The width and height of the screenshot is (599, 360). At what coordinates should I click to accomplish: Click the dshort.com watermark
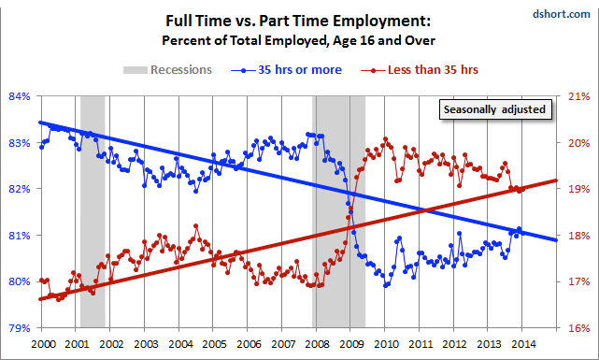point(562,14)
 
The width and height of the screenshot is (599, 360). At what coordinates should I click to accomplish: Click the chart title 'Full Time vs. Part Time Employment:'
point(298,21)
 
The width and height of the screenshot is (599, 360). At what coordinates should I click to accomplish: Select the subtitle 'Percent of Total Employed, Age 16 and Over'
point(298,40)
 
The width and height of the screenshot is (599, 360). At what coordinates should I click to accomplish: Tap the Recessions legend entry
point(167,70)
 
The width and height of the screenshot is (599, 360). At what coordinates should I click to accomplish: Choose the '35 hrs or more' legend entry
point(286,70)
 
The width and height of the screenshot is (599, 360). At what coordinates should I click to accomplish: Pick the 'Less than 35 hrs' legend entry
point(420,70)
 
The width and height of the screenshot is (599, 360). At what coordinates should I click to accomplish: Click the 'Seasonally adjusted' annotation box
point(495,109)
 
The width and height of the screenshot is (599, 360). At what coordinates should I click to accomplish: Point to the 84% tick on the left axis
point(20,96)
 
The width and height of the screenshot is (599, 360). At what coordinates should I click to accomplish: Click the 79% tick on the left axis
point(20,328)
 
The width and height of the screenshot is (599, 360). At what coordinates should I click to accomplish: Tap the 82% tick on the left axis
point(20,189)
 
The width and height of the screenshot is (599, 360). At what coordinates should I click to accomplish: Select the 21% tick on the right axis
point(579,96)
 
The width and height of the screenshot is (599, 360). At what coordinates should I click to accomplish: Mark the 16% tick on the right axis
point(579,328)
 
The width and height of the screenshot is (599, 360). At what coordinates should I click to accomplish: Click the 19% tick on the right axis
point(579,189)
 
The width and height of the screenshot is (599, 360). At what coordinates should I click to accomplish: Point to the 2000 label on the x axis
point(43,344)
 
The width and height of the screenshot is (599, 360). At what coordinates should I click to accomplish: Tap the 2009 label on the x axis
point(352,344)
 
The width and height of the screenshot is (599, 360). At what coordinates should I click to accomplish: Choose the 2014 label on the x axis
point(523,344)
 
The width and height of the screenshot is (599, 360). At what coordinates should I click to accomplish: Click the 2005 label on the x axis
point(214,344)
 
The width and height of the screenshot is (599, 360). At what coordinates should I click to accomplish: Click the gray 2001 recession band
point(93,212)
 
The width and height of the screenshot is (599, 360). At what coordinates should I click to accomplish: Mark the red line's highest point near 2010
point(385,139)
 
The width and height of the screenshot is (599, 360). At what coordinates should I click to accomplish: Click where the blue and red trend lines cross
point(424,209)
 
